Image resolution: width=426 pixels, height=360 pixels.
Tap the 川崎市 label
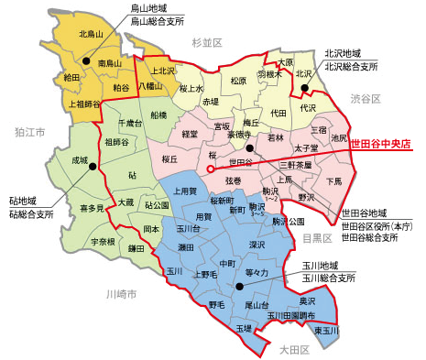[x=120, y=294]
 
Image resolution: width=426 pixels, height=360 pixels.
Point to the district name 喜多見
[x=92, y=208]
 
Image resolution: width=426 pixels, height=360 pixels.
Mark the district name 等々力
[x=257, y=273]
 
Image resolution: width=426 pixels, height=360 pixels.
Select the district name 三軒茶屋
[x=295, y=164]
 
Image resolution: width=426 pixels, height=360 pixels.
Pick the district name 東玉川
[x=326, y=330]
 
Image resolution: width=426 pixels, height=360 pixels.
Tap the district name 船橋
[x=158, y=115]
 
